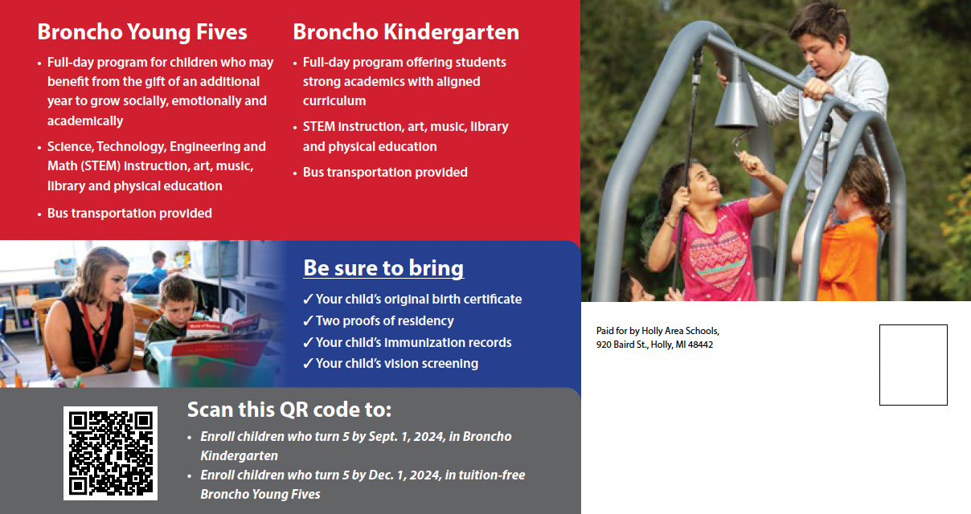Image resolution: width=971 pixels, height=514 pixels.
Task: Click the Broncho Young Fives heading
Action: [142, 32]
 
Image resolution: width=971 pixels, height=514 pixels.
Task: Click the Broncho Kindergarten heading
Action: [406, 32]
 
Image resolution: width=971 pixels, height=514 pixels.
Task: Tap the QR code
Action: [110, 453]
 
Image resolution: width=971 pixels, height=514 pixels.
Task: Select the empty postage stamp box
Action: [913, 365]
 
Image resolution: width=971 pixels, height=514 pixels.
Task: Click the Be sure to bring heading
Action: [383, 268]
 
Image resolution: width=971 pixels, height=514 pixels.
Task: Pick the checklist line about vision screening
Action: [390, 363]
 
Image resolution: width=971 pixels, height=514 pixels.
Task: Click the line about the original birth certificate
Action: [412, 299]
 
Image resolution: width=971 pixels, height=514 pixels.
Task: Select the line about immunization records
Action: [407, 342]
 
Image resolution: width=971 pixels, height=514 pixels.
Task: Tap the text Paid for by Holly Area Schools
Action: [658, 331]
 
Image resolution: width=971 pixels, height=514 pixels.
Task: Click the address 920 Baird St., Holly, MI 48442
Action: [654, 345]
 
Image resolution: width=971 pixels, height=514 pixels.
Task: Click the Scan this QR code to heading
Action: [289, 410]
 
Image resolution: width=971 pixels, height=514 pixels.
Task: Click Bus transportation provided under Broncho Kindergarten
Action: [385, 172]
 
